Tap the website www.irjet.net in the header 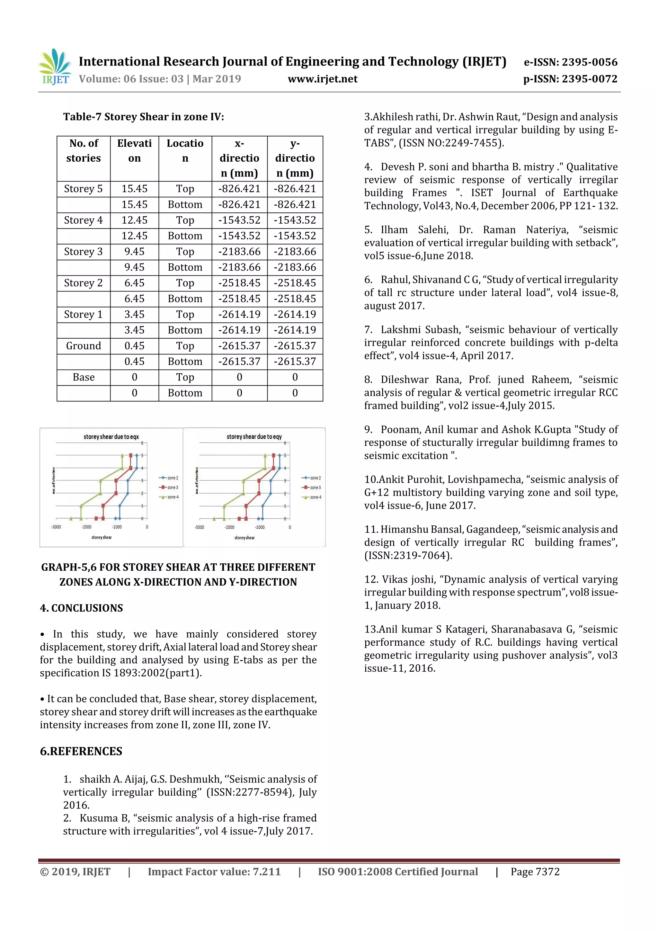pos(322,79)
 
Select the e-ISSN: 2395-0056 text pos(570,62)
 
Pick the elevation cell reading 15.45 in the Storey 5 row pos(134,189)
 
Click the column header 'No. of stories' pos(84,150)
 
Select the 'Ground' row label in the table pos(83,346)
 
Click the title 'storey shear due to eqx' pos(111,437)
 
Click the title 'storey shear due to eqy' pos(254,437)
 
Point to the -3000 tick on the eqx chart pos(56,527)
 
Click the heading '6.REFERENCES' pos(81,751)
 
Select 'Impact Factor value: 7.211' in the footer pos(214,872)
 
